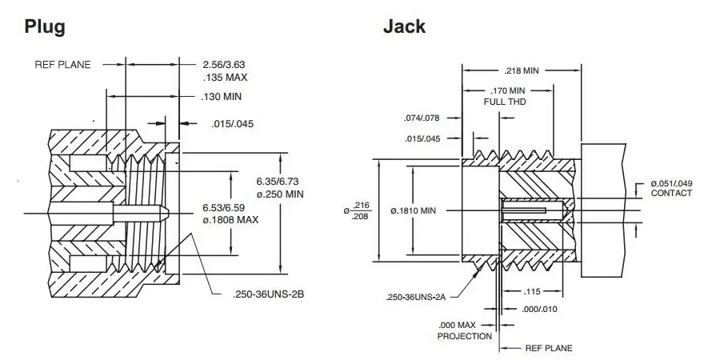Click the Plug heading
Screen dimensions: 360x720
click(x=44, y=26)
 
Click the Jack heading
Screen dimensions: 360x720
click(x=404, y=26)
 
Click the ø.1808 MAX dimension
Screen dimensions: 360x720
click(x=229, y=220)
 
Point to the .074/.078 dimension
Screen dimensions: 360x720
click(x=422, y=118)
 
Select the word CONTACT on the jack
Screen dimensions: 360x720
click(x=671, y=194)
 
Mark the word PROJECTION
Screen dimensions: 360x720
click(x=464, y=337)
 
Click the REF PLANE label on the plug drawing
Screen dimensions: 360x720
click(x=62, y=64)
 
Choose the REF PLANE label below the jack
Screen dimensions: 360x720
click(x=548, y=348)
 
